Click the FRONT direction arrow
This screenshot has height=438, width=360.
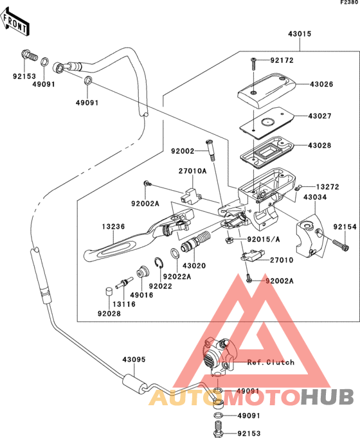pyautogui.click(x=15, y=21)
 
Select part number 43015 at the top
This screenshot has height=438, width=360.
pyautogui.click(x=300, y=34)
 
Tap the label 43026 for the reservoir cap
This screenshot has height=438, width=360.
pyautogui.click(x=321, y=84)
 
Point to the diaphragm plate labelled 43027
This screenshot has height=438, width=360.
pyautogui.click(x=267, y=122)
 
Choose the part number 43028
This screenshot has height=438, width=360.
pyautogui.click(x=319, y=145)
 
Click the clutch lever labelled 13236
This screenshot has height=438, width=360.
pyautogui.click(x=139, y=234)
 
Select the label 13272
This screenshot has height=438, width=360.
pyautogui.click(x=328, y=187)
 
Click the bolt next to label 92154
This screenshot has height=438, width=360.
pyautogui.click(x=341, y=245)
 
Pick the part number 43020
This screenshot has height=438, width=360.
pyautogui.click(x=194, y=265)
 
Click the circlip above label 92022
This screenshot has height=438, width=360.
pyautogui.click(x=159, y=263)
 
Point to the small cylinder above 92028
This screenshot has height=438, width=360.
pyautogui.click(x=109, y=292)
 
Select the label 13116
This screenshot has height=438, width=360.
pyautogui.click(x=124, y=304)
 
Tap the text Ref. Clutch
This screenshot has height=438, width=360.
pyautogui.click(x=271, y=362)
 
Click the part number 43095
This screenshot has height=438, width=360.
pyautogui.click(x=134, y=359)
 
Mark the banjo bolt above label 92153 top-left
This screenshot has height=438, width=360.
pyautogui.click(x=30, y=55)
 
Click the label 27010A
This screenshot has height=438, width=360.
pyautogui.click(x=193, y=171)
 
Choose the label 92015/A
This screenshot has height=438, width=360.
pyautogui.click(x=264, y=239)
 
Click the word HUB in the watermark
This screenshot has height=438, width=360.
pyautogui.click(x=327, y=397)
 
